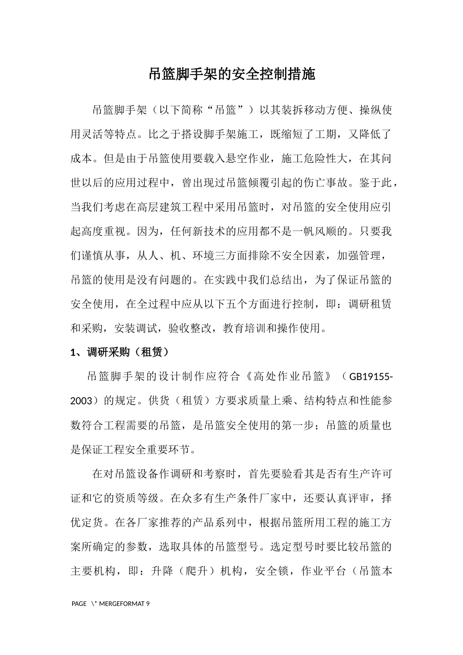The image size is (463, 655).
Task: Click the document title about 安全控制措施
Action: click(x=231, y=75)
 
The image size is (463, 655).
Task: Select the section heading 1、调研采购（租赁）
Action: click(x=120, y=352)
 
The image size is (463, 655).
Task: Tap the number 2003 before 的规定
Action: click(x=81, y=401)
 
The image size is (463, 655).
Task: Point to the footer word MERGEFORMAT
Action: click(x=122, y=604)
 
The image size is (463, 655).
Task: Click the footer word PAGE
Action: click(x=79, y=604)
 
